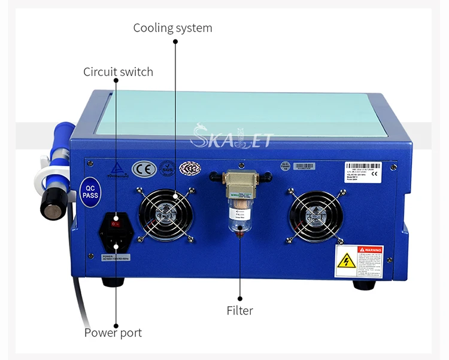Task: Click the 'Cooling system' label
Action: click(x=172, y=28)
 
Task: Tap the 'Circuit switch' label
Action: click(x=118, y=72)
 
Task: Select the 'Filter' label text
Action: click(x=239, y=310)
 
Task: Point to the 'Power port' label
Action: click(x=113, y=332)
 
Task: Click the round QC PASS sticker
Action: click(x=89, y=191)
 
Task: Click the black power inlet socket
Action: click(x=116, y=240)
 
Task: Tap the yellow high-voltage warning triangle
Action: click(x=346, y=260)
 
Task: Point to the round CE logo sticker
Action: click(x=144, y=168)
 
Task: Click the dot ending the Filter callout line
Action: click(x=239, y=297)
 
